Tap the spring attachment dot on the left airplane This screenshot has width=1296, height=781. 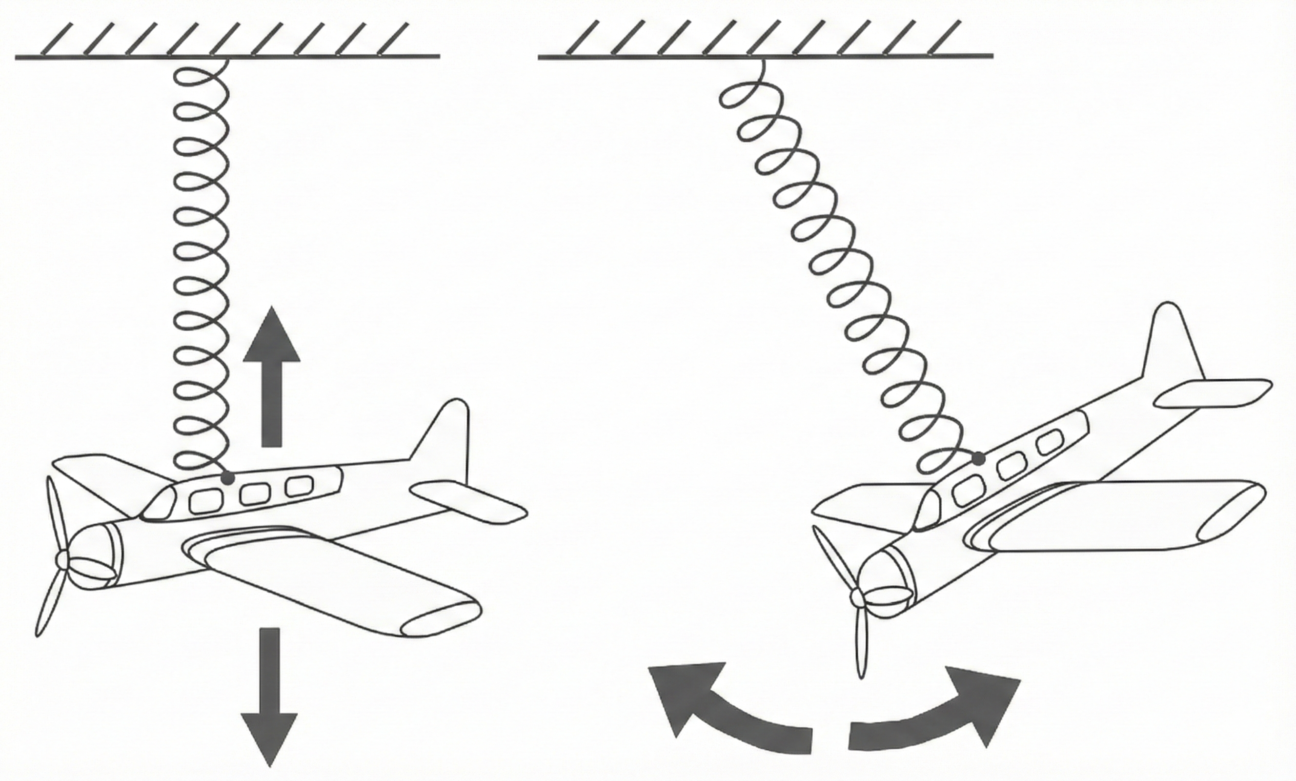(227, 478)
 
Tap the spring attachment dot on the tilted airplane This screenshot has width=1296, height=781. (978, 458)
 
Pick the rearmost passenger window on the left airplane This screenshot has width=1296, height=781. (298, 485)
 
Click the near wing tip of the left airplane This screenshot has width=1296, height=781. (442, 621)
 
